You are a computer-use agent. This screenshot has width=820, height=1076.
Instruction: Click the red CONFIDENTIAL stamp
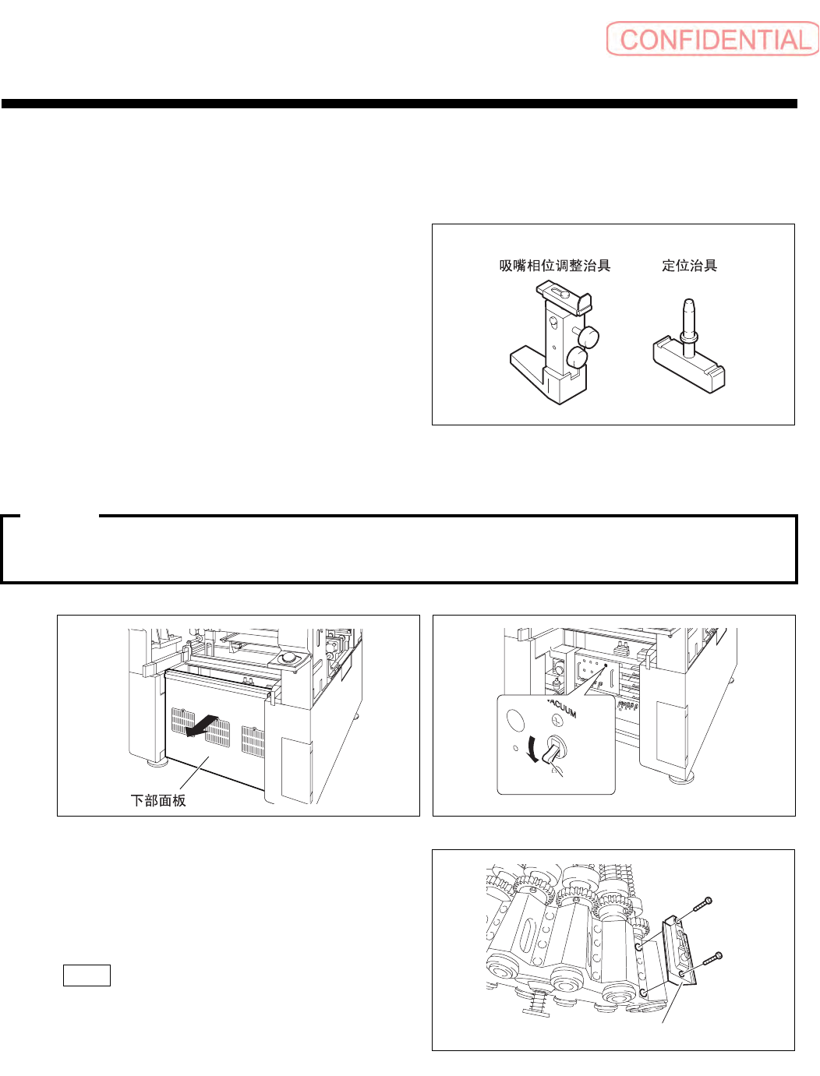click(x=712, y=39)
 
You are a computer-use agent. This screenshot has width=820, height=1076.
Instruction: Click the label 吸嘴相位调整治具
click(x=554, y=266)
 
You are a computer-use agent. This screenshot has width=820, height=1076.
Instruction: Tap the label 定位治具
click(x=689, y=266)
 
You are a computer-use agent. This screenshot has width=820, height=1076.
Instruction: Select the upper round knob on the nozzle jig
click(x=588, y=337)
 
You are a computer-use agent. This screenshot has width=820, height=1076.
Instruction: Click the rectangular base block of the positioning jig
click(x=689, y=369)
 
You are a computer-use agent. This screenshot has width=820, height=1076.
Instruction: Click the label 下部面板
click(x=158, y=800)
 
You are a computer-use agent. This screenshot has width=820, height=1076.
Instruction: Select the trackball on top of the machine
click(x=288, y=658)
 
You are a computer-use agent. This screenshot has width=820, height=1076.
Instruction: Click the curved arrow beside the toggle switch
click(x=532, y=750)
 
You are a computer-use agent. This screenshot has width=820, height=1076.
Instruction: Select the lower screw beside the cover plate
click(x=712, y=959)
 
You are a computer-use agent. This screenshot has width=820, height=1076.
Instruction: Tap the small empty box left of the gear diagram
click(x=87, y=975)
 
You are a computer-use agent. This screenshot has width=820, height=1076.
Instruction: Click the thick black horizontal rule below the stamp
click(x=399, y=104)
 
